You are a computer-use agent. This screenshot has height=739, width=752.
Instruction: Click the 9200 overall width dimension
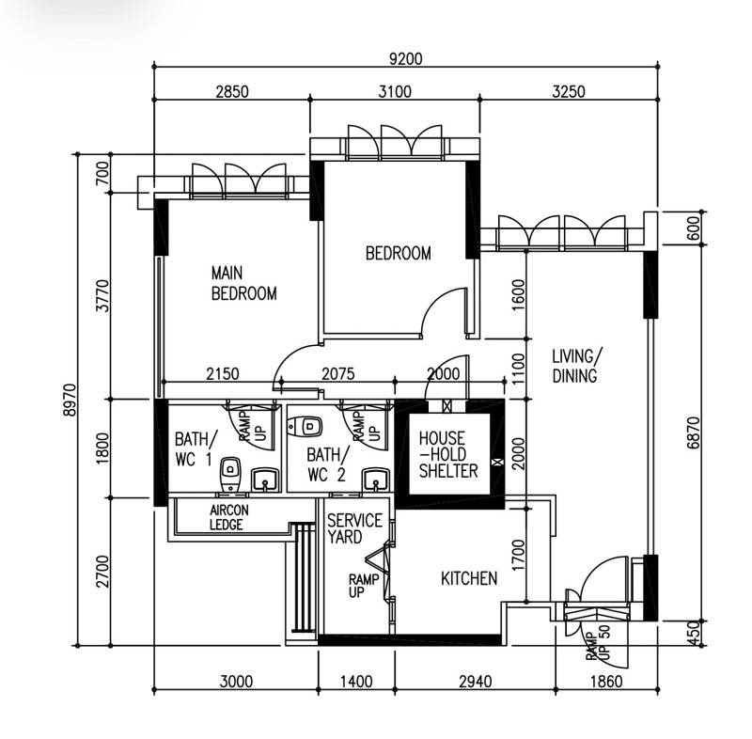(x=405, y=58)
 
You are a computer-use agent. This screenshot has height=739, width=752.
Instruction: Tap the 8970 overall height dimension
(x=70, y=400)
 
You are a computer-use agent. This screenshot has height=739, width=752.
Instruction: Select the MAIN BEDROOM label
(x=244, y=283)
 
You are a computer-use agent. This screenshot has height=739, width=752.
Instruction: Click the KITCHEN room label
(x=469, y=578)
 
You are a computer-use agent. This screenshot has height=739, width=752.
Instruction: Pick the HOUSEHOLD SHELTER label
(x=448, y=455)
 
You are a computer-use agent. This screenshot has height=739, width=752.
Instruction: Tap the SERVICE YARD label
(x=355, y=528)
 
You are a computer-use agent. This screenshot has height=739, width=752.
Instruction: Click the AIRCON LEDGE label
(x=229, y=517)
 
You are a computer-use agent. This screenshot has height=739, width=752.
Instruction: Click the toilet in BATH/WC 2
(x=305, y=426)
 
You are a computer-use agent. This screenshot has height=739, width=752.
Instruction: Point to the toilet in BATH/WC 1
(x=230, y=474)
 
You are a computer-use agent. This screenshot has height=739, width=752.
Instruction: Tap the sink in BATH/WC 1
(x=264, y=480)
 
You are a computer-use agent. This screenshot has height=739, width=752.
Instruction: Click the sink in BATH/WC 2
(x=376, y=480)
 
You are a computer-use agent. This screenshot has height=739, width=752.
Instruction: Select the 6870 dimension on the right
(x=693, y=433)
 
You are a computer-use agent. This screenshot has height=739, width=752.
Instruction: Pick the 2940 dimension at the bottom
(x=476, y=681)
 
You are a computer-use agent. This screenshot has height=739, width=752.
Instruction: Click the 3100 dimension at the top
(x=395, y=91)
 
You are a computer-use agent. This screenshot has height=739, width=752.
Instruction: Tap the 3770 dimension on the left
(x=102, y=295)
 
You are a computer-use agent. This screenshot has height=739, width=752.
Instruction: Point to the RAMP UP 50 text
(x=598, y=642)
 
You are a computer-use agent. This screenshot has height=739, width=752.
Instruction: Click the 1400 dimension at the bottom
(x=356, y=681)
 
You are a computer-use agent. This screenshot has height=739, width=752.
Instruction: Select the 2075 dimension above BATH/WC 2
(x=338, y=373)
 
